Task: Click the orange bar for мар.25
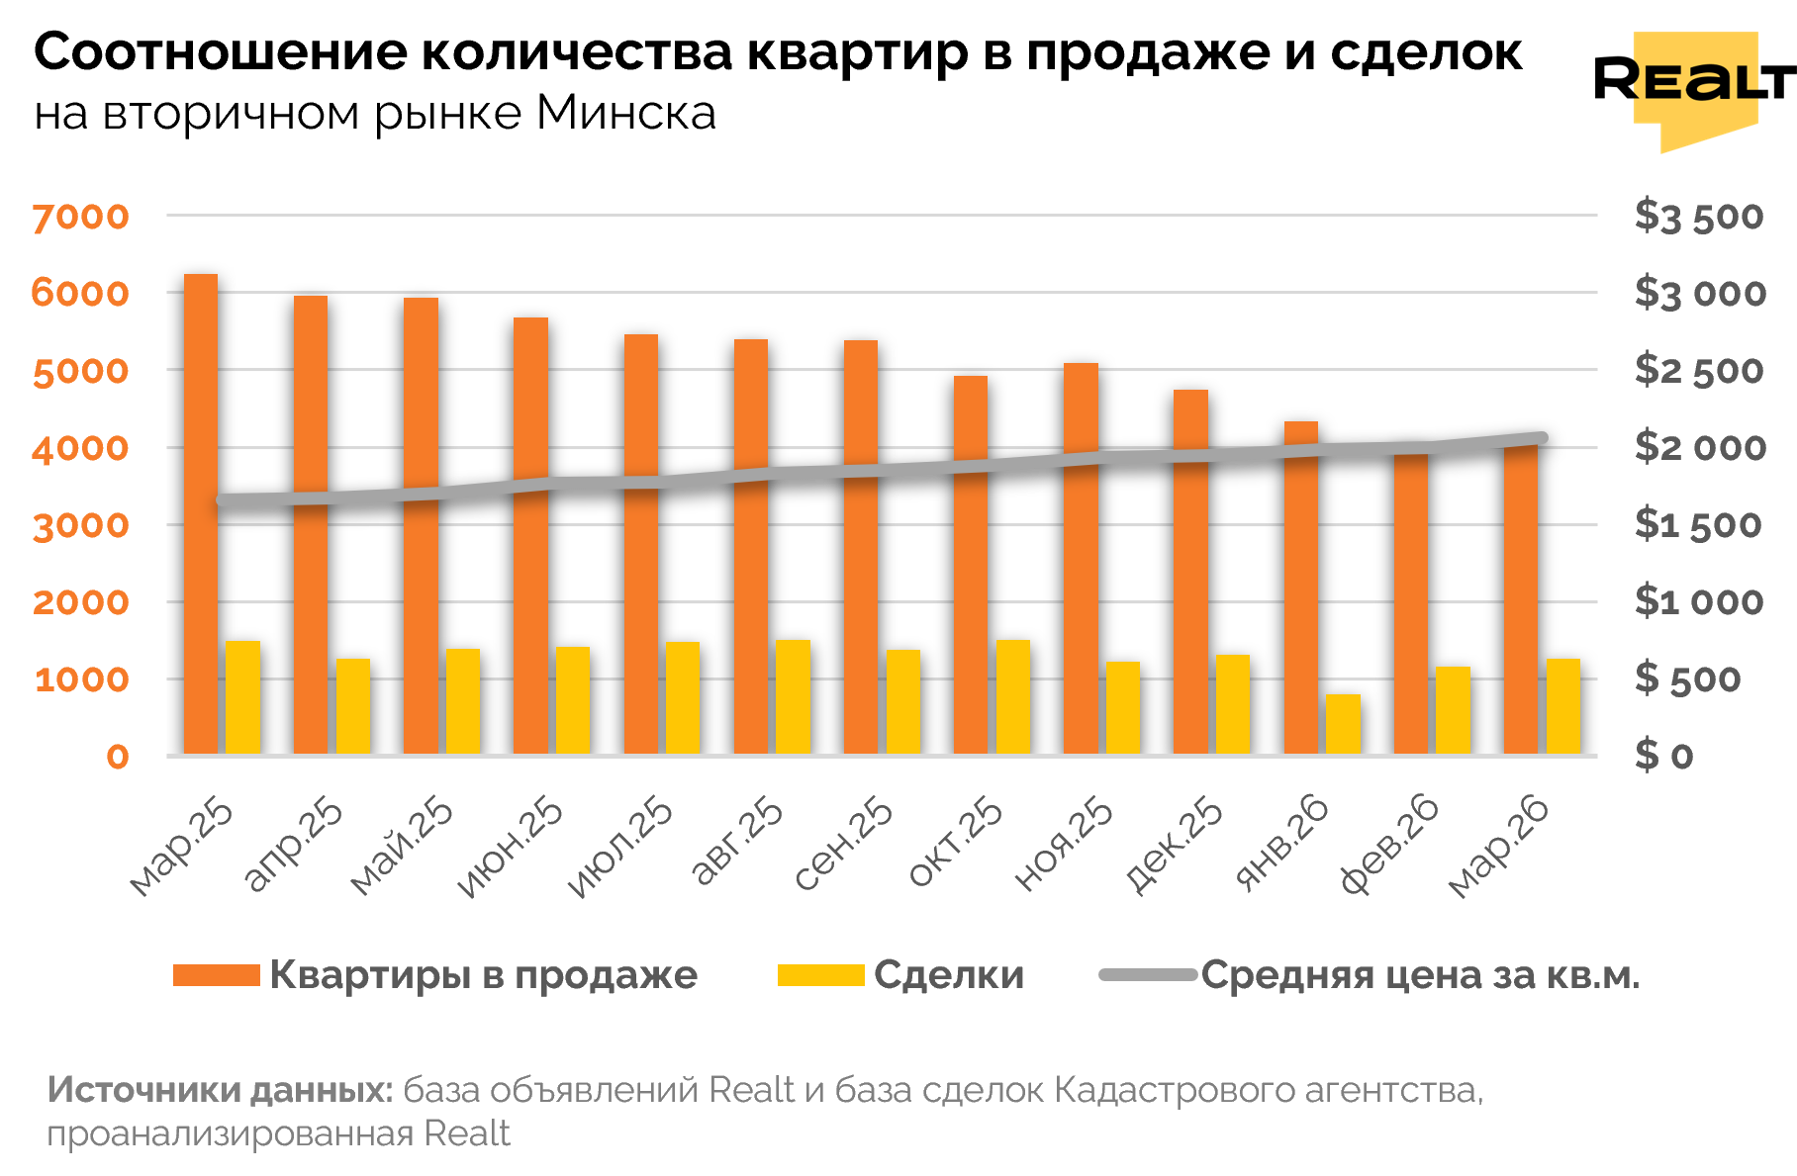(x=201, y=514)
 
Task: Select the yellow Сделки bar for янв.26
(x=1343, y=725)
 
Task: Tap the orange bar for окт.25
(x=971, y=565)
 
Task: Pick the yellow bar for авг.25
(x=793, y=697)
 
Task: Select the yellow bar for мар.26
(x=1563, y=706)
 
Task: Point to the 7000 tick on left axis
(x=80, y=217)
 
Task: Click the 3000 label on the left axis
(x=80, y=525)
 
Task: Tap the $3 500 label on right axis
(x=1698, y=217)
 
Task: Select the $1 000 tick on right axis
(x=1698, y=601)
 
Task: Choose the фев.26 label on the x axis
(x=1389, y=847)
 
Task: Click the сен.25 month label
(x=843, y=847)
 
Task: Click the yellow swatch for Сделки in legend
(x=820, y=975)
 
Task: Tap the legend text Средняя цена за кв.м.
(x=1420, y=975)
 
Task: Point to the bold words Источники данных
(x=221, y=1090)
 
